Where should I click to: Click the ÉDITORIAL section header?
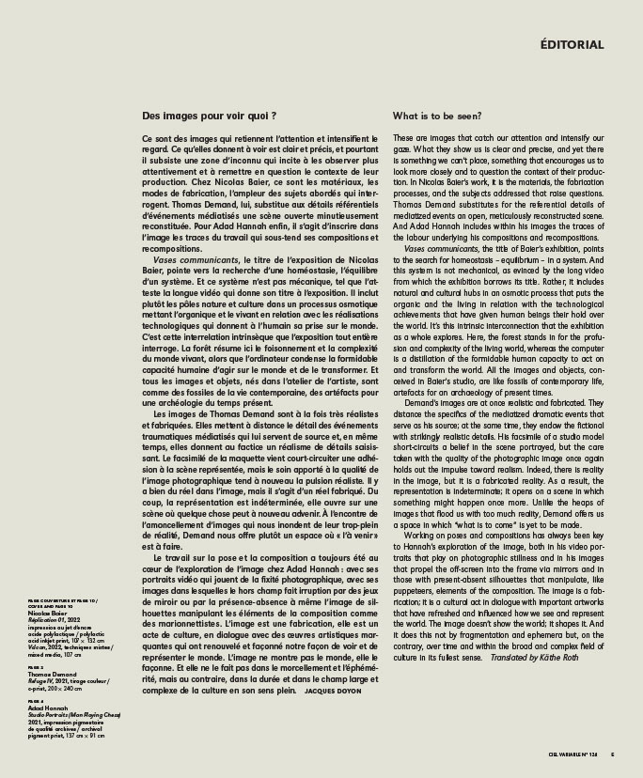(572, 44)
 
